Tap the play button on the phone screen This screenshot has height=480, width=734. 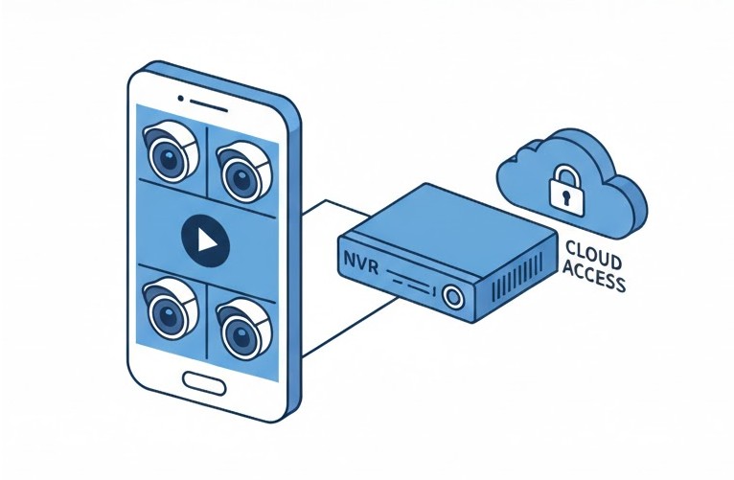205,239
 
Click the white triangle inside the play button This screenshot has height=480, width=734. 207,240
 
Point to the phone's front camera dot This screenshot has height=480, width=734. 182,96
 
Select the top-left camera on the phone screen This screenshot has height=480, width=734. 171,153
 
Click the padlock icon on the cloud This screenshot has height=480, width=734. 565,187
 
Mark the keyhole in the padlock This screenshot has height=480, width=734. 565,194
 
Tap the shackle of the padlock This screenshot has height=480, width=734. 565,174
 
